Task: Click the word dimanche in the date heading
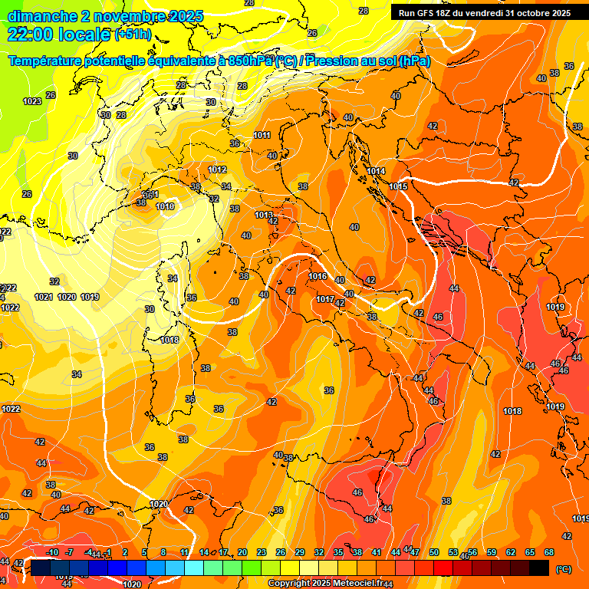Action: (38, 16)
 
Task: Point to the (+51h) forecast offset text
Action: (132, 35)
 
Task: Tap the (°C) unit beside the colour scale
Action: (563, 569)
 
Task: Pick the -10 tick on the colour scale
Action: (52, 552)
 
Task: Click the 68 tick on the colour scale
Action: (549, 552)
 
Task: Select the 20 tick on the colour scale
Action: (242, 552)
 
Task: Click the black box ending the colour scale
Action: (539, 568)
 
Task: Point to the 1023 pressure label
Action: (32, 102)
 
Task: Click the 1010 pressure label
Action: (165, 206)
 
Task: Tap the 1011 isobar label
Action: (262, 136)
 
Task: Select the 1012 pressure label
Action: (217, 170)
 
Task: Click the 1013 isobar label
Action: (264, 216)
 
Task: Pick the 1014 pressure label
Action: (376, 171)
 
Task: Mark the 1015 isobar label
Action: (398, 186)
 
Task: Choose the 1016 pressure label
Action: (318, 277)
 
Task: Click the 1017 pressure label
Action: (325, 300)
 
